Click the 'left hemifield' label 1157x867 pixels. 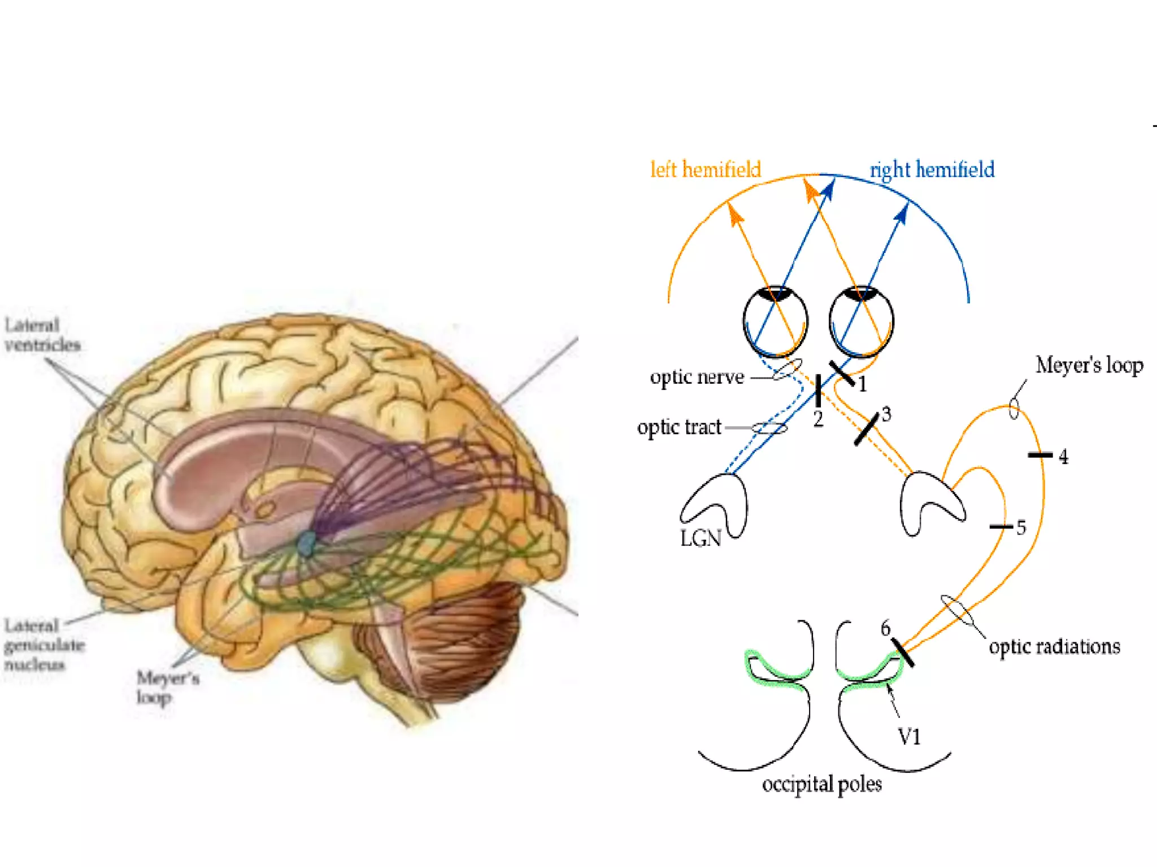pyautogui.click(x=705, y=169)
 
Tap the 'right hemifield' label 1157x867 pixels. pyautogui.click(x=932, y=169)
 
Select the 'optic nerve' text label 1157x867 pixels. pyautogui.click(x=697, y=377)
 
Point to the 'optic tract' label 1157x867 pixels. pyautogui.click(x=679, y=427)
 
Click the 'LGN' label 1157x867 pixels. pyautogui.click(x=701, y=538)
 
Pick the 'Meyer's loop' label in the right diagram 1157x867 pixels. pyautogui.click(x=1089, y=366)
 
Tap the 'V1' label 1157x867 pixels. pyautogui.click(x=909, y=737)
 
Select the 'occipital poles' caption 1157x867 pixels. pyautogui.click(x=821, y=785)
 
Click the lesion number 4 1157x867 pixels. pyautogui.click(x=1063, y=456)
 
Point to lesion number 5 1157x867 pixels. pyautogui.click(x=1021, y=528)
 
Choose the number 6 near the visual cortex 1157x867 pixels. pyautogui.click(x=885, y=628)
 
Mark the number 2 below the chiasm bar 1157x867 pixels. pyautogui.click(x=818, y=419)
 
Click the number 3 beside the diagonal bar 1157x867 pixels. pyautogui.click(x=886, y=414)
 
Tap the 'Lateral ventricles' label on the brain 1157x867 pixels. pyautogui.click(x=42, y=335)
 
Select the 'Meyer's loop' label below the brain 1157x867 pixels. pyautogui.click(x=167, y=687)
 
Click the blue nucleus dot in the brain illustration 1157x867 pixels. pyautogui.click(x=306, y=543)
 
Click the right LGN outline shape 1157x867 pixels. pyautogui.click(x=929, y=502)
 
